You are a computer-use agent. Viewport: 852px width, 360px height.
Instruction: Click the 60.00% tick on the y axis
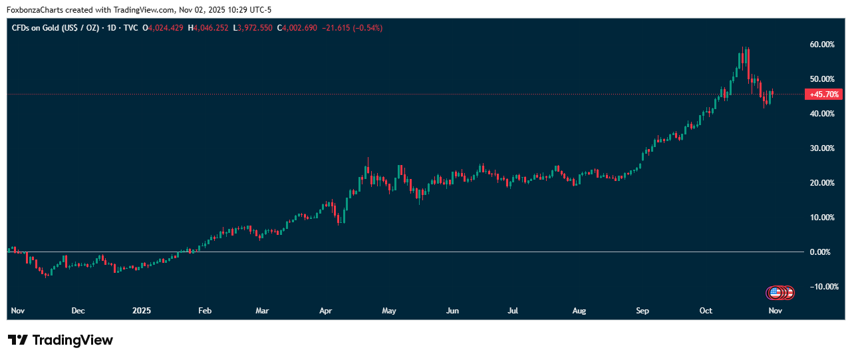pyautogui.click(x=823, y=45)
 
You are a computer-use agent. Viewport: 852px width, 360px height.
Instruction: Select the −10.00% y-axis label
pyautogui.click(x=822, y=287)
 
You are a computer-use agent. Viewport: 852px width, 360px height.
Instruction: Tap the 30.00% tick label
pyautogui.click(x=823, y=148)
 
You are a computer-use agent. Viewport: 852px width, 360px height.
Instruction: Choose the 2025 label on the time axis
pyautogui.click(x=142, y=311)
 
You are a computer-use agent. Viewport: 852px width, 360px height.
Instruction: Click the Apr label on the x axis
pyautogui.click(x=325, y=311)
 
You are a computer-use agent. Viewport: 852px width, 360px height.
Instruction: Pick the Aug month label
pyautogui.click(x=579, y=311)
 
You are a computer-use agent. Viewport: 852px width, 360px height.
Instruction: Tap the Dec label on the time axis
pyautogui.click(x=78, y=311)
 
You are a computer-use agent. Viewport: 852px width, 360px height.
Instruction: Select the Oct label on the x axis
pyautogui.click(x=706, y=311)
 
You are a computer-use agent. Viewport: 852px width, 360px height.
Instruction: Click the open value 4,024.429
pyautogui.click(x=166, y=28)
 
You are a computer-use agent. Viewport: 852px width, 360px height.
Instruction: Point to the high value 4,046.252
pyautogui.click(x=211, y=28)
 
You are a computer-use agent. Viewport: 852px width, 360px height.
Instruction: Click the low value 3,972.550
pyautogui.click(x=255, y=28)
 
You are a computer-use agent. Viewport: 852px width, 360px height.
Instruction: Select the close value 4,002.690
pyautogui.click(x=299, y=28)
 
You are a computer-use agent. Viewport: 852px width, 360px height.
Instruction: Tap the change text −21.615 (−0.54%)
pyautogui.click(x=352, y=28)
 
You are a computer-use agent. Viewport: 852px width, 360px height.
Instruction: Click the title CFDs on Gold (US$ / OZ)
pyautogui.click(x=55, y=28)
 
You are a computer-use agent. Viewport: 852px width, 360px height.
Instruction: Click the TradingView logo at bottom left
pyautogui.click(x=61, y=340)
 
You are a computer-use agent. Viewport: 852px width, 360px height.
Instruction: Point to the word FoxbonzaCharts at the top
pyautogui.click(x=35, y=9)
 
